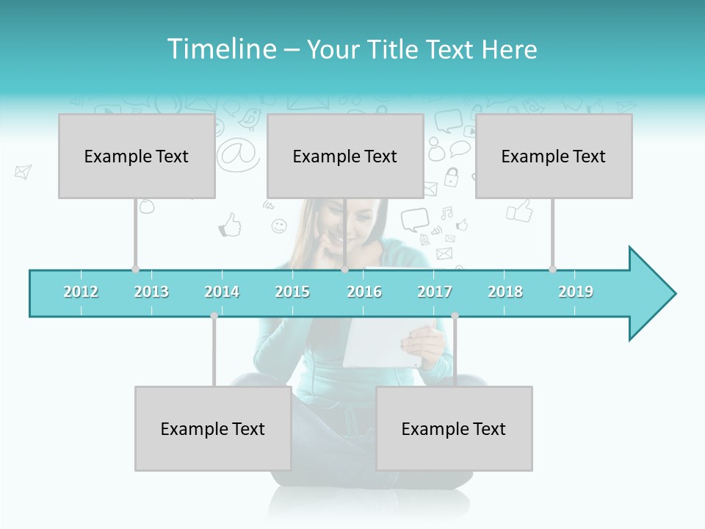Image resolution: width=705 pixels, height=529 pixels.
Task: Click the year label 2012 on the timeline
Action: tap(81, 292)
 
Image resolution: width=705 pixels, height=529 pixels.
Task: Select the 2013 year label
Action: tap(151, 292)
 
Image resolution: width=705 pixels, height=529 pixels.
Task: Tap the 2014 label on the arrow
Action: tap(222, 292)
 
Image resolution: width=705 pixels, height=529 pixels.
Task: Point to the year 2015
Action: tap(292, 292)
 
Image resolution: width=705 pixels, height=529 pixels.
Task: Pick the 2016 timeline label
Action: tap(364, 292)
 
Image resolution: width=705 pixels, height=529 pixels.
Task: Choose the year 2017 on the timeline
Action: tap(435, 292)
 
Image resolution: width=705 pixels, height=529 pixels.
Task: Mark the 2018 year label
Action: tap(505, 292)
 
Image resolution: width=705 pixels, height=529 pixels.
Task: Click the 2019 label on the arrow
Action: tap(576, 292)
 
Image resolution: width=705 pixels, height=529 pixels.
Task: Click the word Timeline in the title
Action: tap(220, 49)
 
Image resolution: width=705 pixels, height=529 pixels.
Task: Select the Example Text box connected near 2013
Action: tap(137, 156)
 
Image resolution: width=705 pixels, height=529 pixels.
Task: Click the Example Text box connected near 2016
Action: tap(345, 156)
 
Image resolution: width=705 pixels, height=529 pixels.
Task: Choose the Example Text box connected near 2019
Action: tap(554, 156)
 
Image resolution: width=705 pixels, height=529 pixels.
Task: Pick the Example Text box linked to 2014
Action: tap(213, 428)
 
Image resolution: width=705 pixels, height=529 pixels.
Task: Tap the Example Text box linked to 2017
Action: tap(454, 428)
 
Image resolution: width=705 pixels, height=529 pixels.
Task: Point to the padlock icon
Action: tap(451, 176)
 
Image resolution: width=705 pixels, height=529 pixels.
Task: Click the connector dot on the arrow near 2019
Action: tap(552, 269)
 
